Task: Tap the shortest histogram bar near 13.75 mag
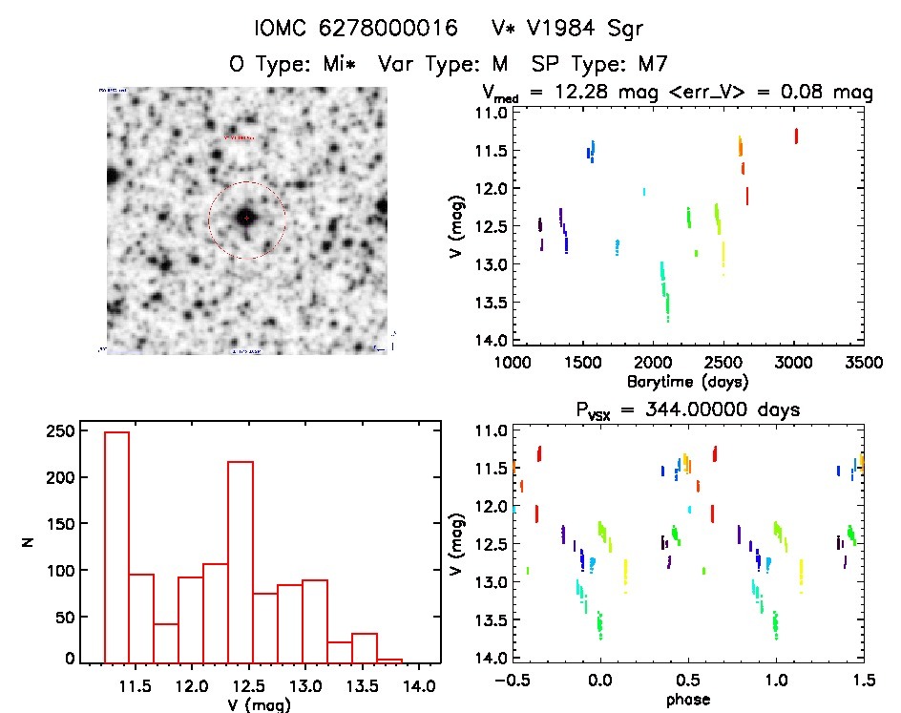point(389,660)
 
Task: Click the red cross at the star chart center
point(246,219)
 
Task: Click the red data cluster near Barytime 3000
point(795,136)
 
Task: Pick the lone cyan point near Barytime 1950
point(644,192)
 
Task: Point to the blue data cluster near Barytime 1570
point(591,151)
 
